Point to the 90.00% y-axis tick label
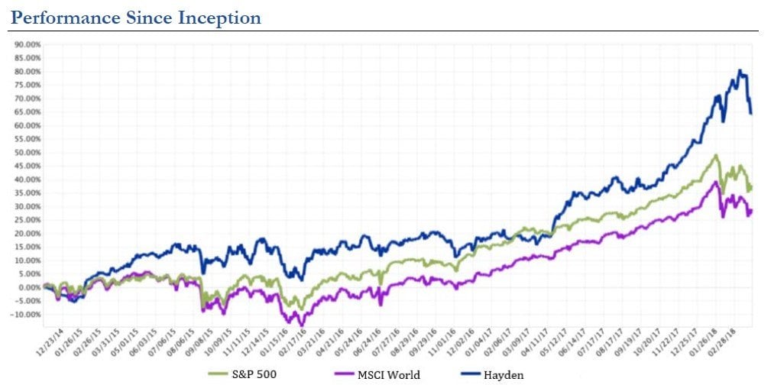tap(28, 44)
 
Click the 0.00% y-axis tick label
tap(29, 287)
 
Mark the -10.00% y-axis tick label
tap(27, 314)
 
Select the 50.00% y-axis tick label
tap(28, 152)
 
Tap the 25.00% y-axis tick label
tap(28, 220)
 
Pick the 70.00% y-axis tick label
tap(28, 99)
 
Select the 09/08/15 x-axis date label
tap(197, 341)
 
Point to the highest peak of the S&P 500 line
tap(716, 155)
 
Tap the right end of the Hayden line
tap(752, 114)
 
